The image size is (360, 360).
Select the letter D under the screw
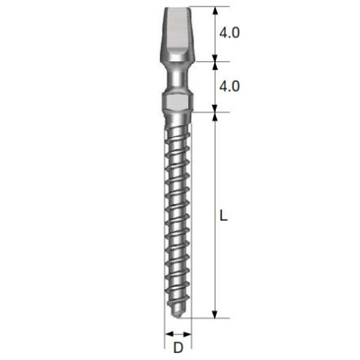(x=178, y=347)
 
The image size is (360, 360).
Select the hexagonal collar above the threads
(x=178, y=103)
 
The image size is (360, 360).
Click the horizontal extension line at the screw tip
(x=203, y=318)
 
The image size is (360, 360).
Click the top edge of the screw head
(x=178, y=8)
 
